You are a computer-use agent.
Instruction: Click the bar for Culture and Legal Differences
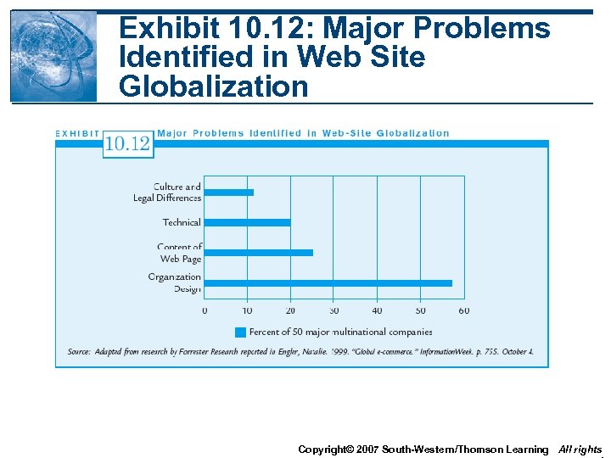(x=229, y=193)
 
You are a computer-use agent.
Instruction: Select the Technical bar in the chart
(x=247, y=222)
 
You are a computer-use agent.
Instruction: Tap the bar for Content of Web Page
(x=259, y=253)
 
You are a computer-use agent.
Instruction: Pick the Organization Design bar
(x=328, y=283)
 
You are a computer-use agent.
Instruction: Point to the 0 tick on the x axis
(x=205, y=310)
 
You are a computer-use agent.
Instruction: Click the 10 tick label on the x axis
(x=248, y=310)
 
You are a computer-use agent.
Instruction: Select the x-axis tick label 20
(x=291, y=310)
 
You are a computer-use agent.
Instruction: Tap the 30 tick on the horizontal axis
(x=334, y=310)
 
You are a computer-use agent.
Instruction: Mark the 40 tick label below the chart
(x=378, y=310)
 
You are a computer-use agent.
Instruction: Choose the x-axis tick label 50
(x=421, y=310)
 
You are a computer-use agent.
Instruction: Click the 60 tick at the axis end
(x=464, y=310)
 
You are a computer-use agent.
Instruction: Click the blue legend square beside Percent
(x=240, y=332)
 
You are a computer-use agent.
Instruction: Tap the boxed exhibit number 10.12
(x=127, y=143)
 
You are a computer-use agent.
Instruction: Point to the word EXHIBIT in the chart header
(x=77, y=133)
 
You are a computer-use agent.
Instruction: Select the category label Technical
(x=182, y=222)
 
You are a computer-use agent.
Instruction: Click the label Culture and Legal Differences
(x=168, y=193)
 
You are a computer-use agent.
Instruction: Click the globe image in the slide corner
(x=53, y=56)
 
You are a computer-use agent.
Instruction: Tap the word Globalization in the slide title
(x=214, y=87)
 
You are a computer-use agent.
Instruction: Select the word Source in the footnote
(x=79, y=351)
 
